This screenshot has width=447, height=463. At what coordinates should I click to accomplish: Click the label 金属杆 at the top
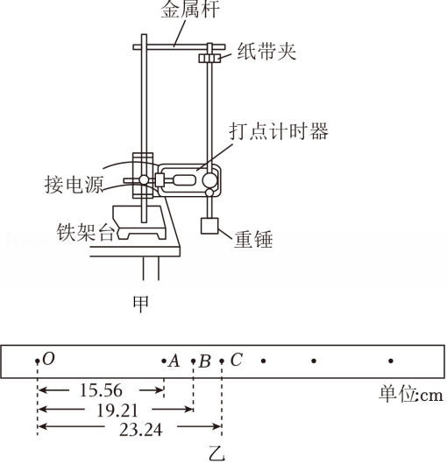[x=190, y=9]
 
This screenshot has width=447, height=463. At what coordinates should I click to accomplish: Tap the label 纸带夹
[x=266, y=52]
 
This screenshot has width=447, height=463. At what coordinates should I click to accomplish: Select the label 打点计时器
[x=279, y=131]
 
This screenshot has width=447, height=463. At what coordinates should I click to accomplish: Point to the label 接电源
[x=74, y=185]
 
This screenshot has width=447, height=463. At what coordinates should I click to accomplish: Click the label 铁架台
[x=86, y=231]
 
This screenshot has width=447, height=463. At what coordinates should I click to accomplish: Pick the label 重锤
[x=253, y=239]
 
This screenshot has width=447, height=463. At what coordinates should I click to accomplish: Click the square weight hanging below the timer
[x=209, y=226]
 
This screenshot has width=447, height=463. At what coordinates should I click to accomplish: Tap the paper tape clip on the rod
[x=209, y=58]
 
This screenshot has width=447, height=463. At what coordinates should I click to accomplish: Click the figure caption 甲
[x=140, y=304]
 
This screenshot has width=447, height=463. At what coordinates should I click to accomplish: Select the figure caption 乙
[x=217, y=454]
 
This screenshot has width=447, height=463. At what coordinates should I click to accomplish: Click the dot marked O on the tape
[x=37, y=361]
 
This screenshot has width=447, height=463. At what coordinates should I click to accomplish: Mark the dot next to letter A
[x=164, y=361]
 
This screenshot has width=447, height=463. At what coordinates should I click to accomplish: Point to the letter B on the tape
[x=205, y=361]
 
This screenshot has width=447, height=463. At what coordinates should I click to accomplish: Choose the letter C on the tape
[x=237, y=360]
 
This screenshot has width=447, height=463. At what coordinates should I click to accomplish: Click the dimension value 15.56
[x=101, y=390]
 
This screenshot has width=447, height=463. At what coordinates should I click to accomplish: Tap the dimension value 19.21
[x=117, y=410]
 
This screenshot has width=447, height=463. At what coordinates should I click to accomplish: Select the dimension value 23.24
[x=141, y=430]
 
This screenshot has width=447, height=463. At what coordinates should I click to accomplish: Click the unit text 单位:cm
[x=411, y=395]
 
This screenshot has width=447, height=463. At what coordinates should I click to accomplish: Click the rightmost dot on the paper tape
[x=391, y=361]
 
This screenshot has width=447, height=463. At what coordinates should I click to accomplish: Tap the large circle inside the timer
[x=209, y=179]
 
